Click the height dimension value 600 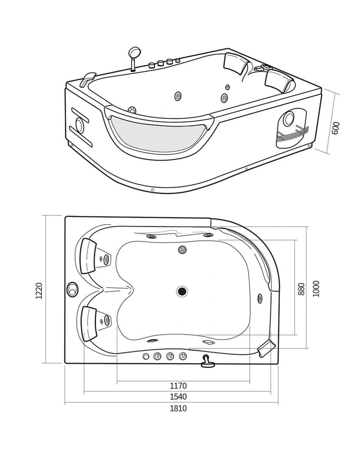click(335, 129)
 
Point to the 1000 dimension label click(316, 288)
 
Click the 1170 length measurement click(178, 386)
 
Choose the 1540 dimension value click(178, 397)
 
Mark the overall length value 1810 click(178, 409)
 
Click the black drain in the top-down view click(182, 292)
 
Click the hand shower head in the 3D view click(134, 52)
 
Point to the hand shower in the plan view click(207, 361)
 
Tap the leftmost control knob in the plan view click(146, 357)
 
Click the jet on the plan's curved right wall click(260, 297)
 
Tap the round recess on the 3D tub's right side click(288, 119)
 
